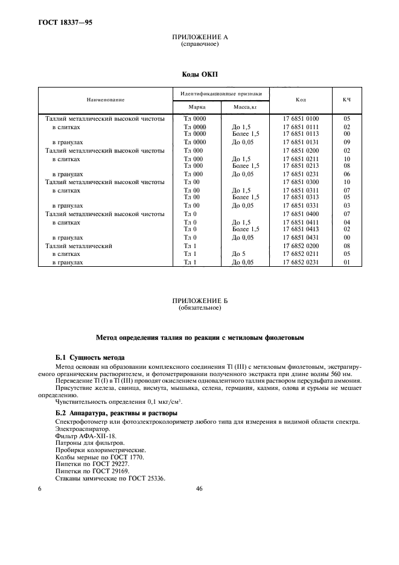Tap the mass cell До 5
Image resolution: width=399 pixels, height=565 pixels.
(x=238, y=254)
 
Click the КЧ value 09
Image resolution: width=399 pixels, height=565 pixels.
(x=346, y=142)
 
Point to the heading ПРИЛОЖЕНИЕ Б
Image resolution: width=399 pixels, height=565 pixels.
(x=199, y=301)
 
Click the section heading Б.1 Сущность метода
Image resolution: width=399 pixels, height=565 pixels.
(x=89, y=357)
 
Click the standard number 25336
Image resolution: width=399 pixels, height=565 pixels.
(x=153, y=479)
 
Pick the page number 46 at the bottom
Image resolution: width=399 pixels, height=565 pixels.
(x=199, y=489)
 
